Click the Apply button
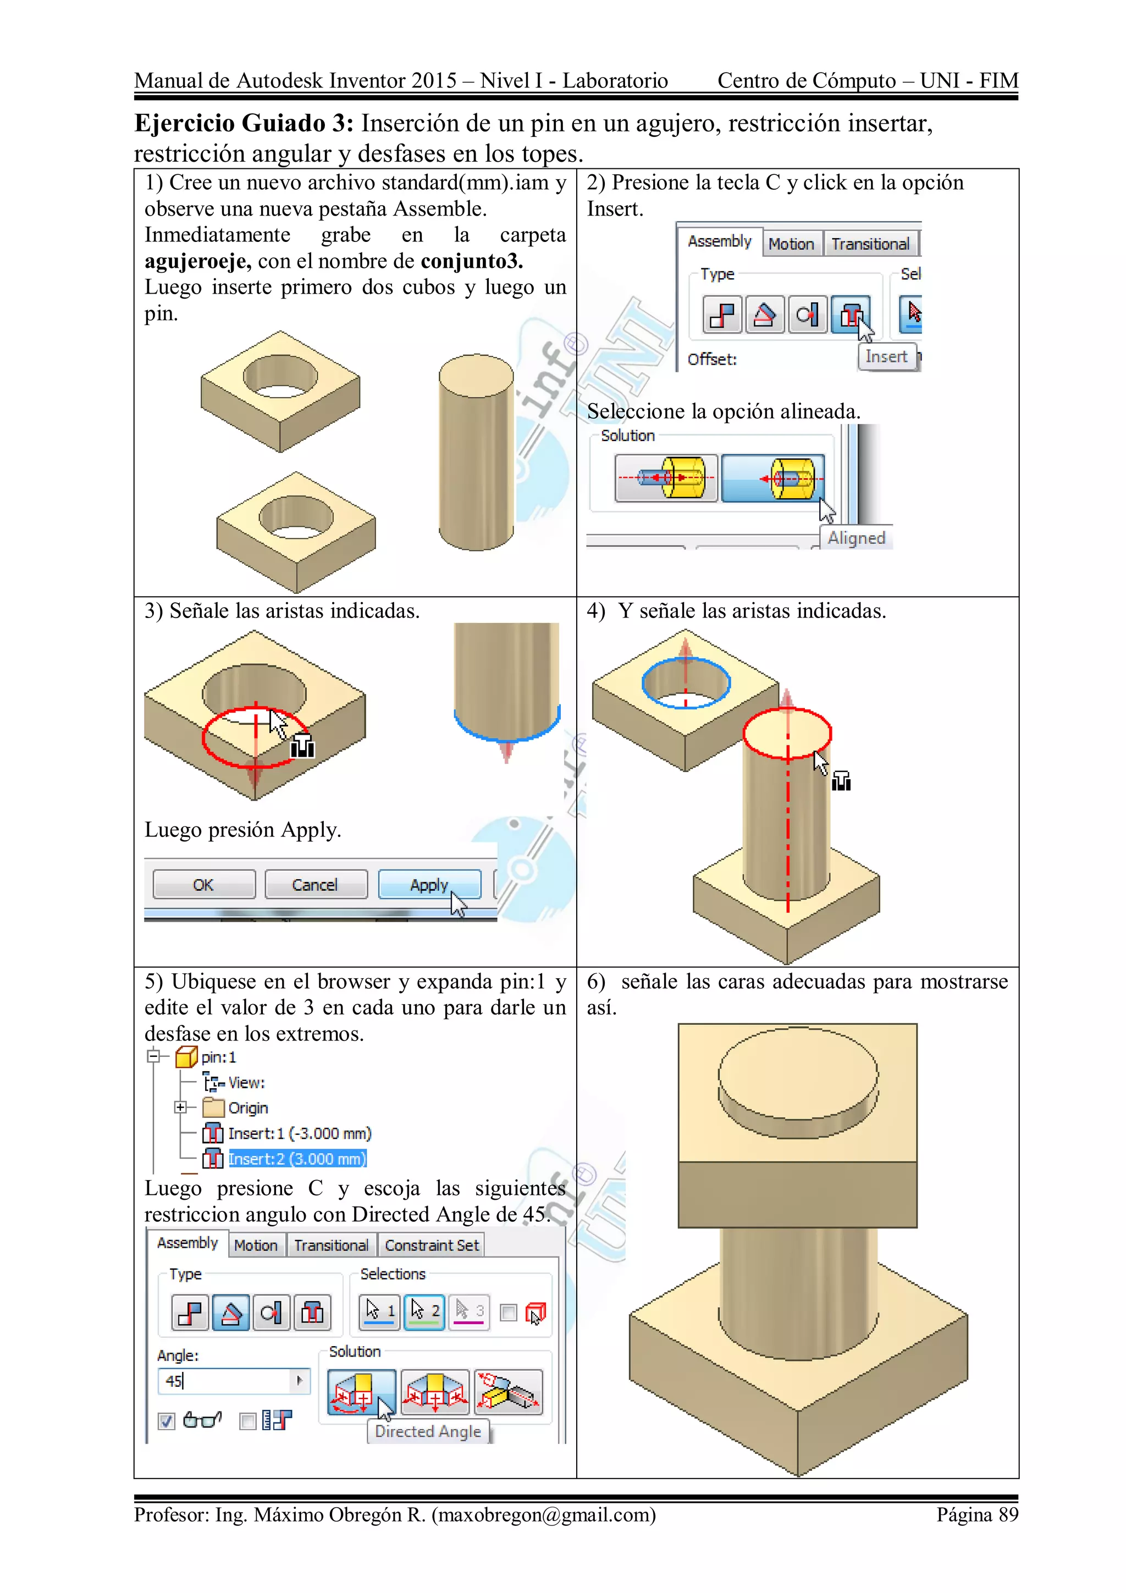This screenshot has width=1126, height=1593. [x=429, y=885]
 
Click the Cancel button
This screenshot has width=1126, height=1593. [x=316, y=885]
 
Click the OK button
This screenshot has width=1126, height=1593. [x=203, y=885]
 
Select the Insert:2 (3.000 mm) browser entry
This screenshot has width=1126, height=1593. [x=297, y=1159]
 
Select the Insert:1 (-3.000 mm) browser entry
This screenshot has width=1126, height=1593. [x=299, y=1133]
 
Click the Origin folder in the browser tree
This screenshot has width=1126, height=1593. [x=247, y=1108]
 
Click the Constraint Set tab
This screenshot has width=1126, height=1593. [x=432, y=1245]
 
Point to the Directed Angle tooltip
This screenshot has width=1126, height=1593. [x=427, y=1431]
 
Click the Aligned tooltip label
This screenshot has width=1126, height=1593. [x=856, y=538]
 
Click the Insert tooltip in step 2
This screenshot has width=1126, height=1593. [x=886, y=357]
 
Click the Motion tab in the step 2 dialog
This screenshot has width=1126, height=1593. [x=791, y=244]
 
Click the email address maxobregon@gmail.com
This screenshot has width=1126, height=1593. [x=543, y=1514]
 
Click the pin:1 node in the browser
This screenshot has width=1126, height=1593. [x=218, y=1057]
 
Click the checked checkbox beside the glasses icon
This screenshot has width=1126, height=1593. [x=167, y=1421]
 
